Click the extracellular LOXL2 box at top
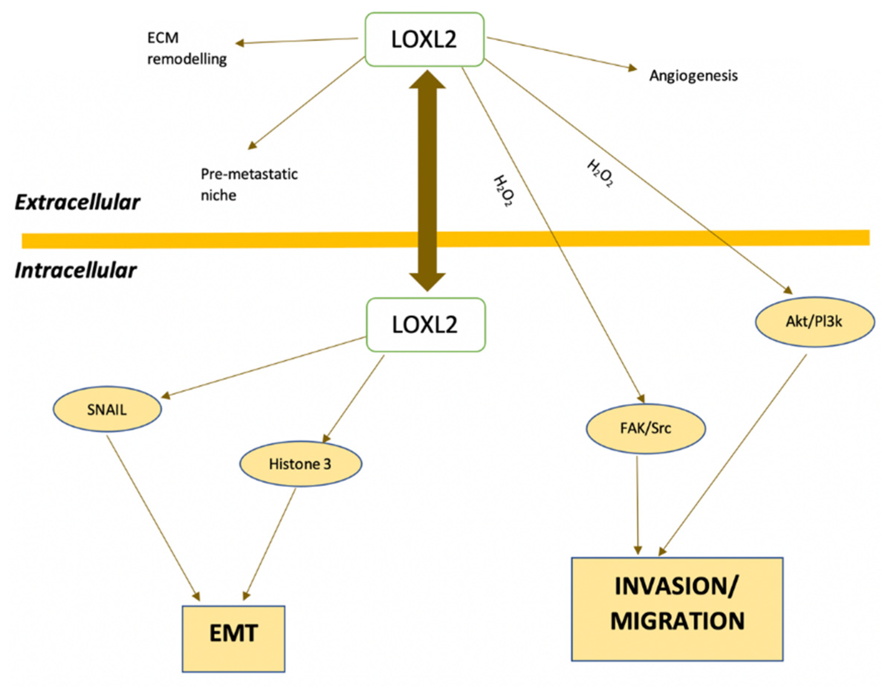[x=424, y=39]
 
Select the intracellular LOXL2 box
[x=425, y=325]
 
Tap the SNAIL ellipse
[x=107, y=409]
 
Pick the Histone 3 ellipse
[x=300, y=463]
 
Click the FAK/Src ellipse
[x=645, y=428]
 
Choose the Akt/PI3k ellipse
[x=814, y=321]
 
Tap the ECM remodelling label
[x=186, y=48]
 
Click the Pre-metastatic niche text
[x=249, y=185]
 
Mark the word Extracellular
[x=77, y=202]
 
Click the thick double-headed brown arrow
[x=427, y=179]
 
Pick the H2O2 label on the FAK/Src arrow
[x=503, y=191]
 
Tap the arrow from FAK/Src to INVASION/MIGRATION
[x=637, y=504]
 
